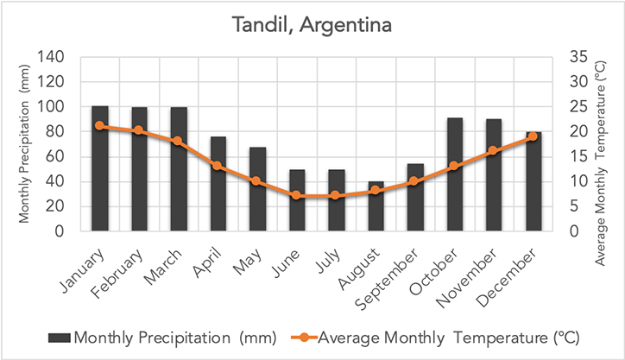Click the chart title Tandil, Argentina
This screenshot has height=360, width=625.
(x=312, y=25)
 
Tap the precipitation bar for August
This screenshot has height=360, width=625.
(x=376, y=206)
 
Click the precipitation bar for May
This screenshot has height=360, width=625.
(x=257, y=189)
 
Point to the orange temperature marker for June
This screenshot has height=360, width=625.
(x=297, y=195)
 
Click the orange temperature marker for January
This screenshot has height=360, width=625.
(x=100, y=125)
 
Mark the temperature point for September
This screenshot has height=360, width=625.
(x=414, y=181)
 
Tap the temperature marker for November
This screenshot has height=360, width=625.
(x=493, y=151)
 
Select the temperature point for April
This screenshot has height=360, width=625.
(x=218, y=166)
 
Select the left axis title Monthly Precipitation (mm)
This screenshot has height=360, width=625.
(x=24, y=145)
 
